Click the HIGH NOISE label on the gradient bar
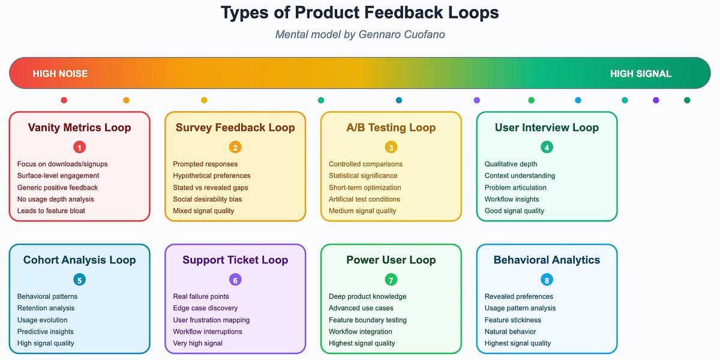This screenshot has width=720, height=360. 60,74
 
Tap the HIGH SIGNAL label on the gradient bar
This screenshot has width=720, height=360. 641,74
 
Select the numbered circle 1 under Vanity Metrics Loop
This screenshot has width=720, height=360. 79,147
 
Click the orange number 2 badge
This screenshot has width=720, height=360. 235,147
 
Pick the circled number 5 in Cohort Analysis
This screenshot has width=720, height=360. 79,280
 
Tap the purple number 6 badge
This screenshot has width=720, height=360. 235,280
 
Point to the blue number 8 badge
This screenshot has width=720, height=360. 547,280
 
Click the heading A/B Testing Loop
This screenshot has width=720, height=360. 391,127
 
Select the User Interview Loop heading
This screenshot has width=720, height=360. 547,127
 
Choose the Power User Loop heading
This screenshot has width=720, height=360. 391,260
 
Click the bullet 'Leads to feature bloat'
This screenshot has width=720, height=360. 51,211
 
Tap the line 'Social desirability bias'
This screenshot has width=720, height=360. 208,199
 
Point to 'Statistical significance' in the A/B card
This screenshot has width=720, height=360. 363,176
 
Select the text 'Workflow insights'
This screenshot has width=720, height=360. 512,199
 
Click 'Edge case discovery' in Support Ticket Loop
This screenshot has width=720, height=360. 205,308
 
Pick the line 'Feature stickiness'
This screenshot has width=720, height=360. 512,320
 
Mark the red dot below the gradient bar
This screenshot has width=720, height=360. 64,100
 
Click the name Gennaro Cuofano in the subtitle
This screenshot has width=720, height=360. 402,34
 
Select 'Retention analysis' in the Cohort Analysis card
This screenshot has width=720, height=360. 46,308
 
